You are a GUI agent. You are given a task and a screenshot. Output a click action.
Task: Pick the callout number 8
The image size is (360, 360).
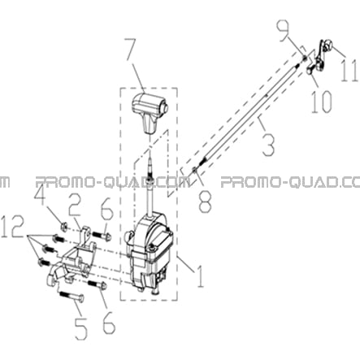click(205, 200)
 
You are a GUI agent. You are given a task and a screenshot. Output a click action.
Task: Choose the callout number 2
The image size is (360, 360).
click(73, 205)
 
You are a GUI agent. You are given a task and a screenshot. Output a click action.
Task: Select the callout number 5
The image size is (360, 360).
click(81, 328)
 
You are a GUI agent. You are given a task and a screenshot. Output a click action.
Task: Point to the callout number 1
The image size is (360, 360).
click(200, 275)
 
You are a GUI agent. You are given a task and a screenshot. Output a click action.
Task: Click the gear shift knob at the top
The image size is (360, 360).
click(150, 112)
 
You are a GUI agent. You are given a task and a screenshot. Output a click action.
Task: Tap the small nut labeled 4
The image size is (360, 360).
click(64, 226)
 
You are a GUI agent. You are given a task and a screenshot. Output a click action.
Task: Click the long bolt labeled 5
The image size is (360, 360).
click(71, 296)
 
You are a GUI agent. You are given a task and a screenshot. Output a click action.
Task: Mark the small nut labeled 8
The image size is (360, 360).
click(194, 170)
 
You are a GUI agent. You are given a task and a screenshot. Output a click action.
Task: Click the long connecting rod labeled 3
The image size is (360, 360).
click(249, 115)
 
